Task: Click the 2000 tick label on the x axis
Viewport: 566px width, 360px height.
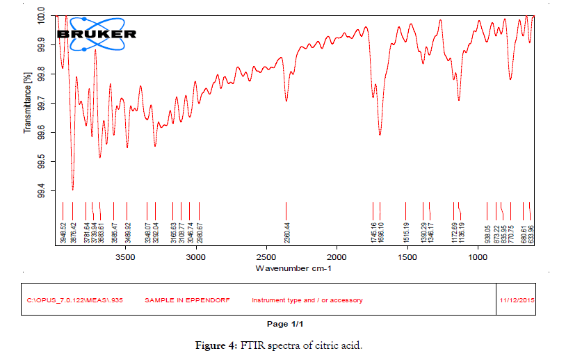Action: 337,258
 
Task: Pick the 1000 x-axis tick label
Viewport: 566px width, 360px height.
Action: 477,258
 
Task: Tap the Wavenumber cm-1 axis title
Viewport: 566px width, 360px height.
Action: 295,268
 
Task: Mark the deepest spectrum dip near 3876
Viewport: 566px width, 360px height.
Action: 72,188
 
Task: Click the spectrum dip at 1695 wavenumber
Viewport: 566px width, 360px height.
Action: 380,133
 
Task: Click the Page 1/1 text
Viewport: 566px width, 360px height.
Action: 285,324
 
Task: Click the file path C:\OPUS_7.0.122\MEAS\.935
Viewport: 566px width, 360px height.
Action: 67,300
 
